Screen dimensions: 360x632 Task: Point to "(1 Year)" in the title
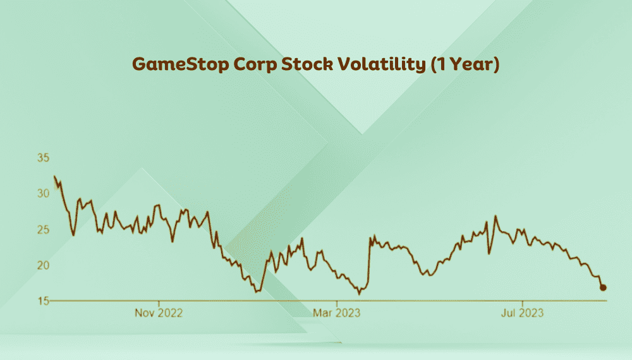[465, 65]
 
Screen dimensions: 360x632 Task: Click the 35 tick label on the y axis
[42, 158]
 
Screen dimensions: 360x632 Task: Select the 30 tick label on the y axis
[42, 194]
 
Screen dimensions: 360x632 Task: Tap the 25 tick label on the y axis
[42, 229]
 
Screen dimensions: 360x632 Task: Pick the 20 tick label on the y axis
[42, 265]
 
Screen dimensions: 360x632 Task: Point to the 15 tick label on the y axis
[42, 301]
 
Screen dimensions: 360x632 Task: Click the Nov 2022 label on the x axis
[158, 313]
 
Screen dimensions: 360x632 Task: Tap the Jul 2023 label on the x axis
[522, 313]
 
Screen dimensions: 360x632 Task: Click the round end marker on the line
[603, 287]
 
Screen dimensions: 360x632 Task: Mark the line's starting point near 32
[54, 177]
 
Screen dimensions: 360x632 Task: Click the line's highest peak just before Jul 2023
[495, 217]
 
